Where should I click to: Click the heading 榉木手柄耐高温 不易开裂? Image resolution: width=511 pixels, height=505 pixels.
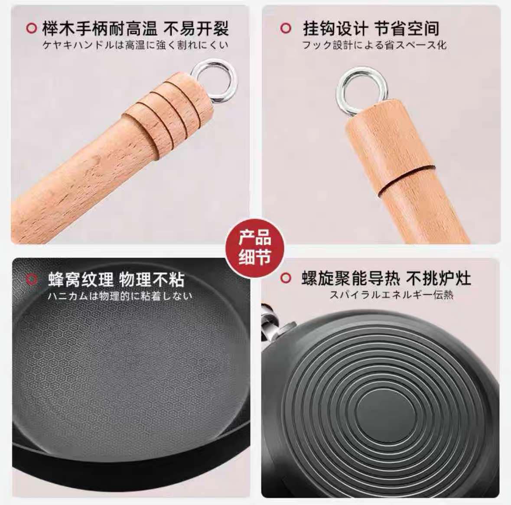click(135, 29)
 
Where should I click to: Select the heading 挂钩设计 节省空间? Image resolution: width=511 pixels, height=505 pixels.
click(371, 29)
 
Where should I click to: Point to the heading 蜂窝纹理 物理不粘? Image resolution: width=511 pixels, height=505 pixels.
click(116, 280)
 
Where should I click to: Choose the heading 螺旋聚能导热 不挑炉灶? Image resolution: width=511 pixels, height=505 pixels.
click(386, 278)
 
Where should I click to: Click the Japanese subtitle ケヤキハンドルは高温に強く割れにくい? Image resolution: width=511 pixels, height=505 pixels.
click(135, 45)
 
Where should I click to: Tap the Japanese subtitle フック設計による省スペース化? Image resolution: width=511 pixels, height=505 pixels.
click(374, 45)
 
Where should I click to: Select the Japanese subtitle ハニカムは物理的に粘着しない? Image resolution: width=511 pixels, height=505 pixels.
click(119, 296)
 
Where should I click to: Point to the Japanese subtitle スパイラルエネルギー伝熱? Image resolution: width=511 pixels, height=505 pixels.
click(391, 295)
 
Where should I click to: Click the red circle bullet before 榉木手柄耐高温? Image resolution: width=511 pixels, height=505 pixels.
click(31, 29)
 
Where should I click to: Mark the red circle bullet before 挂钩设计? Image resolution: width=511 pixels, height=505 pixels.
click(285, 29)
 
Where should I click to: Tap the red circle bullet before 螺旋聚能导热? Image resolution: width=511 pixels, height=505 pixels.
click(285, 278)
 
